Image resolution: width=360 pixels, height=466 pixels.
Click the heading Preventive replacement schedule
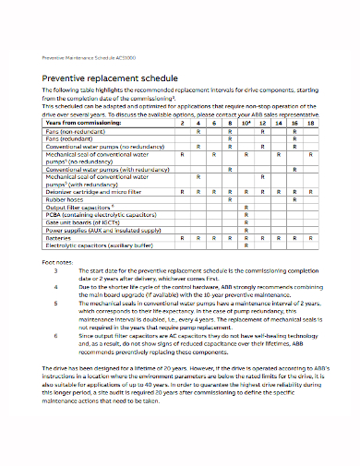coord(103,78)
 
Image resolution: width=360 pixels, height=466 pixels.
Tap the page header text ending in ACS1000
coord(90,57)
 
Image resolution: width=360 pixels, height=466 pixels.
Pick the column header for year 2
coord(184,122)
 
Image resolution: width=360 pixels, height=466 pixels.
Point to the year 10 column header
coord(246,122)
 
